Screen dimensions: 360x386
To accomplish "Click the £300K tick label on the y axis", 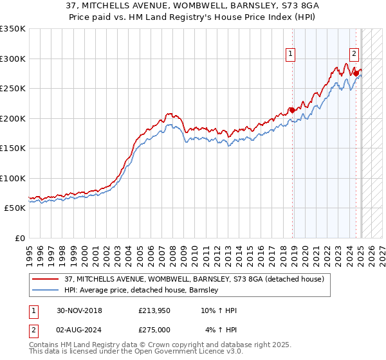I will (x=13, y=59).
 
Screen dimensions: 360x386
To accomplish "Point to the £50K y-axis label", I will (x=15, y=208).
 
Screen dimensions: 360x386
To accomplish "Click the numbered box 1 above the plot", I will (x=291, y=55).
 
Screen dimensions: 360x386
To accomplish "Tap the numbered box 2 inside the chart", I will (x=354, y=55).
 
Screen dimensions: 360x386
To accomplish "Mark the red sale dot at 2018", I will (x=291, y=110).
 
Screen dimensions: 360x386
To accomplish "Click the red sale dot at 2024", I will (x=356, y=73).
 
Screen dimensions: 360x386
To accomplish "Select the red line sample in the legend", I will (x=45, y=279).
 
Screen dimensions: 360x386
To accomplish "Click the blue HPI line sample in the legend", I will (x=45, y=290).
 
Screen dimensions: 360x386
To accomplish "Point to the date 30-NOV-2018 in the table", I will (x=79, y=310).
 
